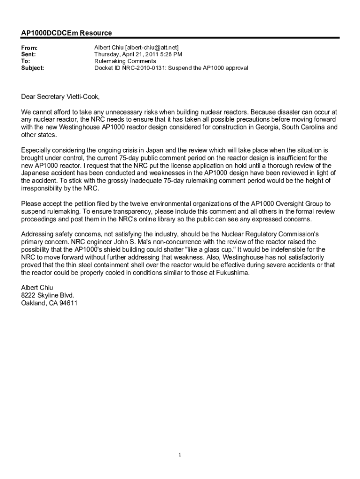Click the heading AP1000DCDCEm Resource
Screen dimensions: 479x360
pos(66,33)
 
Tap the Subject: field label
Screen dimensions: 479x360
pos(33,68)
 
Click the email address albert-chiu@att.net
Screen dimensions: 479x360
pos(151,48)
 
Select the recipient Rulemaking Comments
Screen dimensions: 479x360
pos(125,61)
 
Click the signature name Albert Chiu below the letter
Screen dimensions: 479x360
pos(37,288)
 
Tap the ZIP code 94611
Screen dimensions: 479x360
pos(68,303)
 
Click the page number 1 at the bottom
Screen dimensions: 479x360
pos(180,454)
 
